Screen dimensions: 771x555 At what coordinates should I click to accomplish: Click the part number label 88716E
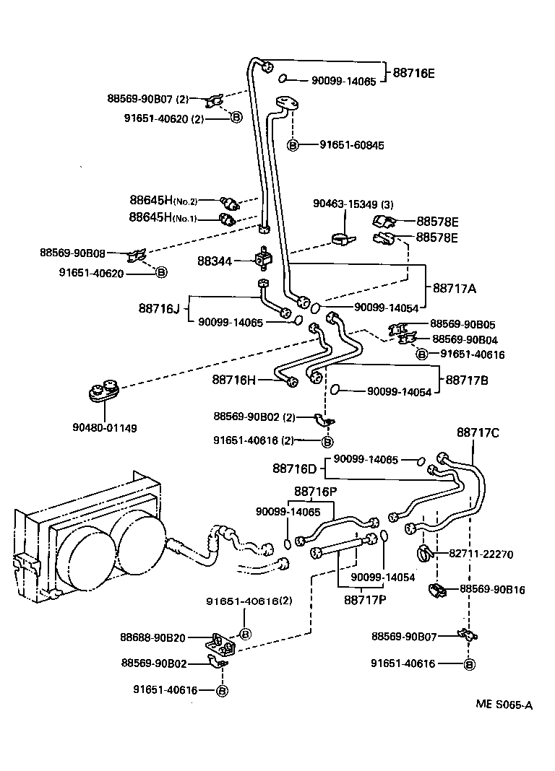point(413,73)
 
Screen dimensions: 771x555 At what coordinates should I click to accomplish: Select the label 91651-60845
point(352,145)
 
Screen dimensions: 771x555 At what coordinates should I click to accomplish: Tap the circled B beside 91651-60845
point(293,145)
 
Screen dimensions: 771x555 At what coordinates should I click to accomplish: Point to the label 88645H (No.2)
point(163,200)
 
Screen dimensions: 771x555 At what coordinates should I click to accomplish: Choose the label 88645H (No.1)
point(163,217)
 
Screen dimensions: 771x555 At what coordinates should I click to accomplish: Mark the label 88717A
point(455,287)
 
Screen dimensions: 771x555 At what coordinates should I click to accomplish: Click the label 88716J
point(158,308)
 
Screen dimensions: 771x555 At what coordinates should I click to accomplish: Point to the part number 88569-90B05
point(462,324)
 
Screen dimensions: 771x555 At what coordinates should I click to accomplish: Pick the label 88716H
point(235,379)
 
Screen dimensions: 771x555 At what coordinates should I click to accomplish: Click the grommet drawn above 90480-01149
point(105,390)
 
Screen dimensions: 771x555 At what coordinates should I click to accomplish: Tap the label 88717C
point(478,432)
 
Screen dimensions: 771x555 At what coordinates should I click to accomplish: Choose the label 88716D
point(294,469)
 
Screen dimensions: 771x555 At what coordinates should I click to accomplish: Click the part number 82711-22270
point(481,554)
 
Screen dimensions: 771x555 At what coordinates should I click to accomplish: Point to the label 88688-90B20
point(153,637)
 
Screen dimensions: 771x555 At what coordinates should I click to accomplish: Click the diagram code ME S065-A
point(504,705)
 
